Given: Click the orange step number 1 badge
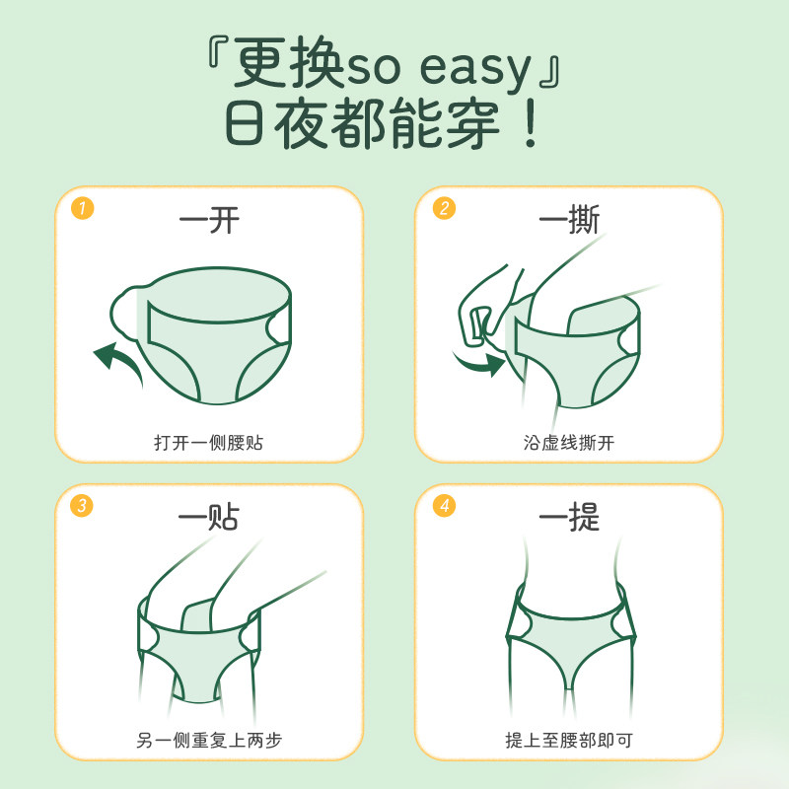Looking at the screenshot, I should click(x=83, y=208).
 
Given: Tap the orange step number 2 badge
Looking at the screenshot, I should click(x=445, y=208).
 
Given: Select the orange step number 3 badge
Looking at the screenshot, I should click(x=83, y=506).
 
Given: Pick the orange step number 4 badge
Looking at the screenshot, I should click(x=445, y=506).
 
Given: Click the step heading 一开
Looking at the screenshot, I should click(x=209, y=219).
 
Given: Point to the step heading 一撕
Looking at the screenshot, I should click(x=569, y=219).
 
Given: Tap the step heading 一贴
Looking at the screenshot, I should click(x=209, y=517).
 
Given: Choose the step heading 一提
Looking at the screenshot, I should click(x=569, y=517).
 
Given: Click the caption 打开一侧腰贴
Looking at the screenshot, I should click(x=208, y=442).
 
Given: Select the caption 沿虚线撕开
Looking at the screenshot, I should click(x=569, y=442).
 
